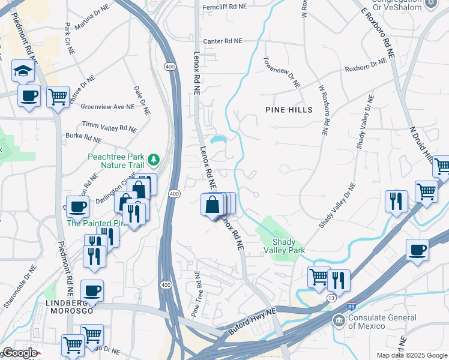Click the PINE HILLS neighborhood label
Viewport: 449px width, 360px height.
(x=289, y=110)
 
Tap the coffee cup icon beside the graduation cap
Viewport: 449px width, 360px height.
(x=29, y=95)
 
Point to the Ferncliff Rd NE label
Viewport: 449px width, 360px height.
(x=225, y=6)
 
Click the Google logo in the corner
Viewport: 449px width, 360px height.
(x=19, y=353)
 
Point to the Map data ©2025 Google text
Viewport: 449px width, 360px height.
(x=412, y=355)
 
